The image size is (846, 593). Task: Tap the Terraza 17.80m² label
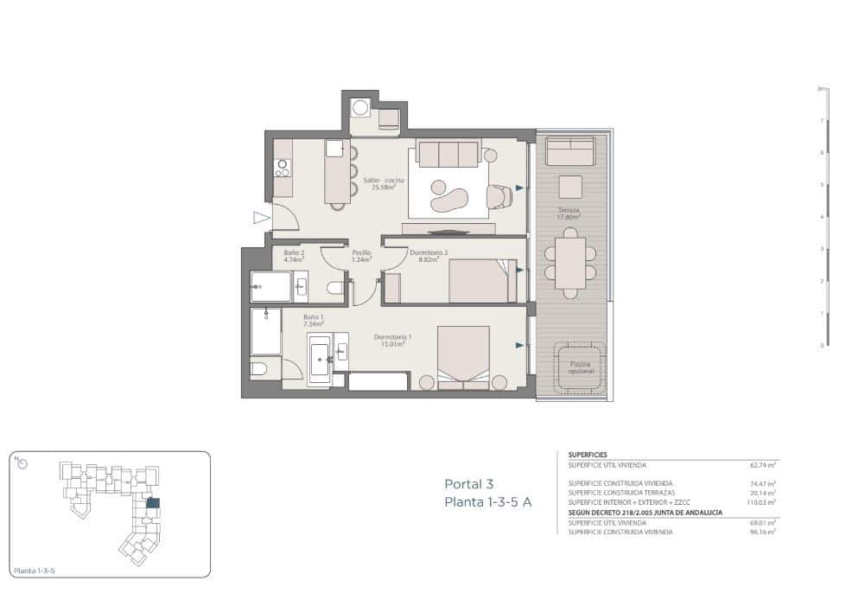coord(568,214)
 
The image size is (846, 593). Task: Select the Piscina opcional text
coord(580,368)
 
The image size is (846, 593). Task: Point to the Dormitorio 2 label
coord(428,256)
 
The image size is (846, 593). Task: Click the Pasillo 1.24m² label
coord(361,256)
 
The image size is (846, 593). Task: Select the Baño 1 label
coord(313,320)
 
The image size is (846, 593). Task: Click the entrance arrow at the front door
coord(261,218)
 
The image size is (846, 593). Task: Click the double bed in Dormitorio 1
coord(463,356)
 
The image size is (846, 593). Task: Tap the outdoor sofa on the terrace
coord(570,152)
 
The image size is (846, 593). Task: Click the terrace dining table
coord(570,263)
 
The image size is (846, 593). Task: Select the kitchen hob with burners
coord(282,167)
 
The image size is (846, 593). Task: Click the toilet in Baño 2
coord(335,288)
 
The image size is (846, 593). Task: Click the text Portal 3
coord(468,484)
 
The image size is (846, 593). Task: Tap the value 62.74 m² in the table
coord(760,464)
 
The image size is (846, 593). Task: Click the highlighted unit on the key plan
coord(153,502)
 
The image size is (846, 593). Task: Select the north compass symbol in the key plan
coord(22,463)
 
